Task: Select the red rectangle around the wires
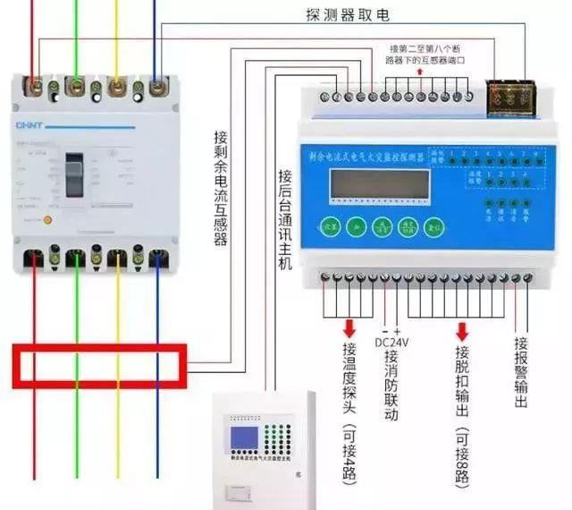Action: tap(97, 364)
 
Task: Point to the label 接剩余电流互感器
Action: tap(221, 188)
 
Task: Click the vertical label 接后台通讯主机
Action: tap(284, 219)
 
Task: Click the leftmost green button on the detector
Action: tap(330, 225)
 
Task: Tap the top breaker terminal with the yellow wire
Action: tap(116, 87)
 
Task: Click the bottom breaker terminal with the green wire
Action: tap(76, 259)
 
